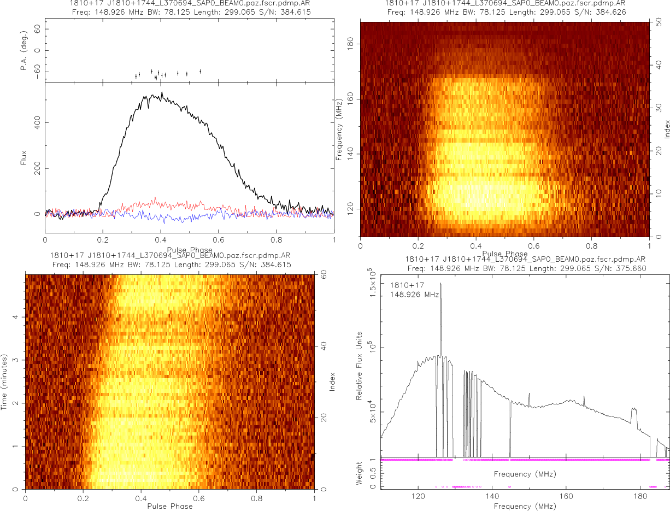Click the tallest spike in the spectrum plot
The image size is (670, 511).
pyautogui.click(x=440, y=284)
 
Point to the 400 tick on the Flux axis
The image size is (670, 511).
pyautogui.click(x=37, y=122)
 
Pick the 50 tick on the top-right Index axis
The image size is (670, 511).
pyautogui.click(x=659, y=24)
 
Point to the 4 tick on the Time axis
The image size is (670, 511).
pyautogui.click(x=17, y=317)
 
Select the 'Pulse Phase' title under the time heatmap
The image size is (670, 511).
pyautogui.click(x=170, y=506)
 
